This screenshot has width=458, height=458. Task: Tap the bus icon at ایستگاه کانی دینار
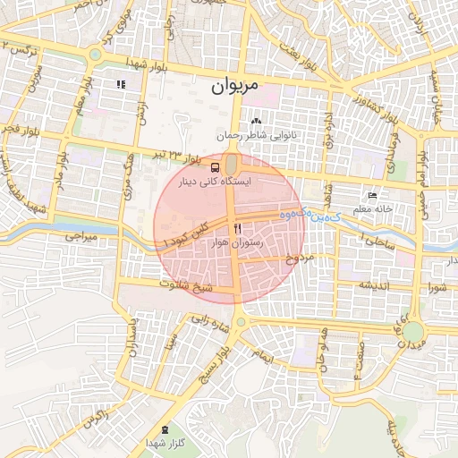coord(216,166)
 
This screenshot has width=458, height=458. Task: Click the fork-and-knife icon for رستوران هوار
coord(236,228)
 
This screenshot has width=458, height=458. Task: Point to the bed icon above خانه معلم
coord(373,195)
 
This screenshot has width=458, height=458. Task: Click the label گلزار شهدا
coord(165,444)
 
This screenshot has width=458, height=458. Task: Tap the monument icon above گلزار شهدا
coord(165,430)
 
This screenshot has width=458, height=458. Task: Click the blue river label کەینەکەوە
coord(304,215)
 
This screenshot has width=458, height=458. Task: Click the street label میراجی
coord(80,238)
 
